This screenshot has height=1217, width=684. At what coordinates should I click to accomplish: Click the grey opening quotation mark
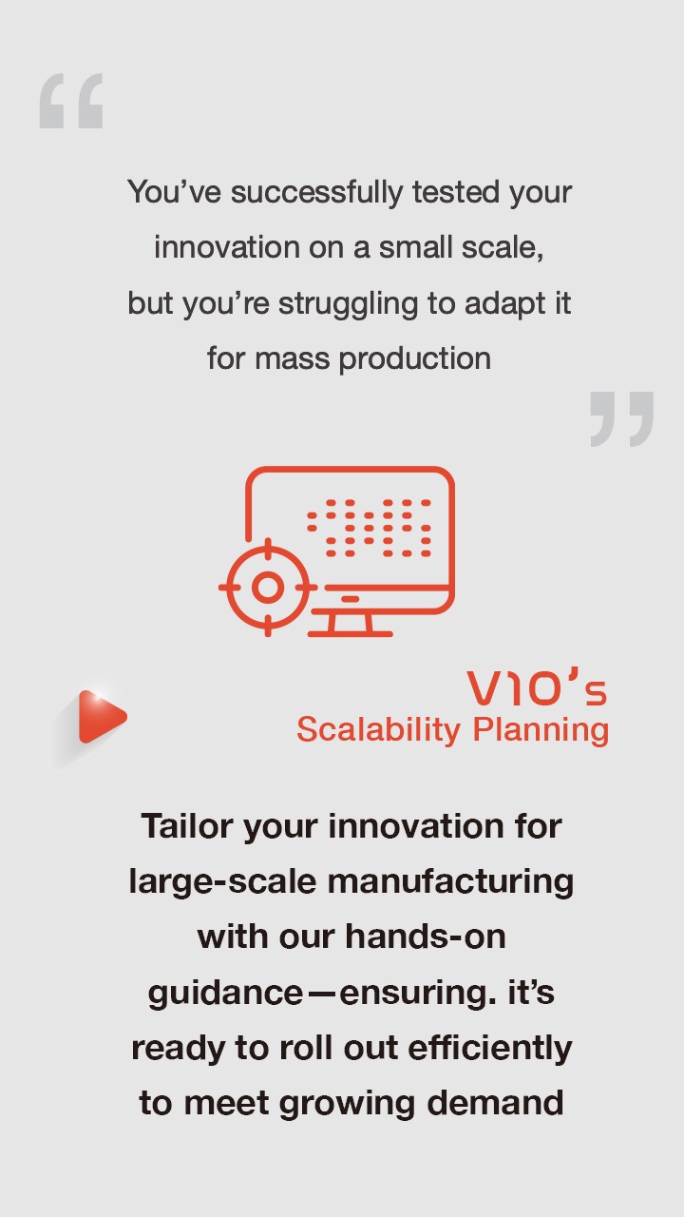[71, 101]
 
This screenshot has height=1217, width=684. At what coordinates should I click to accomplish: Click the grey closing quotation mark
[622, 419]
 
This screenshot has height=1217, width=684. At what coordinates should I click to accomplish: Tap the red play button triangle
[102, 717]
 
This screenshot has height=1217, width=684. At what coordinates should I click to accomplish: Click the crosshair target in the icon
[268, 588]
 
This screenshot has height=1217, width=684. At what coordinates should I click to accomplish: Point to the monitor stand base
[351, 633]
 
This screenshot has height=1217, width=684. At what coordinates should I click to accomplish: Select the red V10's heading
[537, 689]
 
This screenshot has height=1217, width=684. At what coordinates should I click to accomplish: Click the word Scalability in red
[378, 730]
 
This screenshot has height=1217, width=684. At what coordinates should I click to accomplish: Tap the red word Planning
[541, 730]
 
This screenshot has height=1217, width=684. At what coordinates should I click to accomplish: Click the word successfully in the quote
[317, 193]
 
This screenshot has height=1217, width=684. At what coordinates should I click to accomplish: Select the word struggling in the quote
[349, 304]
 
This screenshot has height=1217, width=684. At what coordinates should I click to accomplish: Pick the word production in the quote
[415, 359]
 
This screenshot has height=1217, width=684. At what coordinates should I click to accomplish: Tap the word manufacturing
[450, 881]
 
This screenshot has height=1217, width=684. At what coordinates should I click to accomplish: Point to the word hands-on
[426, 937]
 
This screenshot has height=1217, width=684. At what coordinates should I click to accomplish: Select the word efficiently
[490, 1049]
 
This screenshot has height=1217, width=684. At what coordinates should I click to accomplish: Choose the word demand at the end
[495, 1104]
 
